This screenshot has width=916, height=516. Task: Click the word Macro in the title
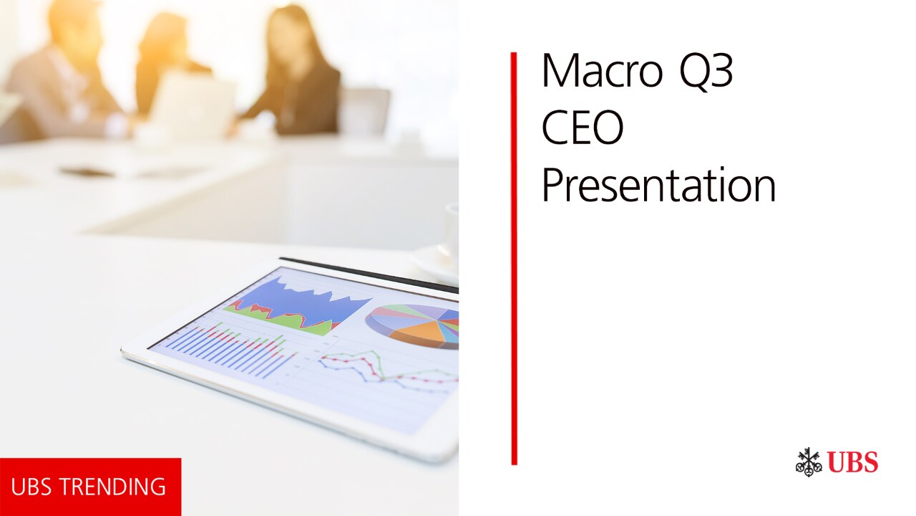(602, 70)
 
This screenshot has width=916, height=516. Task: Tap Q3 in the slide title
(706, 71)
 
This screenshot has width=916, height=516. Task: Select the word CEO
(583, 127)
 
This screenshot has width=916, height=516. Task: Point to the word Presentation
(659, 185)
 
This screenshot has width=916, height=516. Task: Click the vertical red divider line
(514, 259)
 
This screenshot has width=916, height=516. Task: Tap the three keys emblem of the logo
(809, 462)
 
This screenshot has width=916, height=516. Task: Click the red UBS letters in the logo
(852, 462)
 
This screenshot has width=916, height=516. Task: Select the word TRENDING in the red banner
(116, 487)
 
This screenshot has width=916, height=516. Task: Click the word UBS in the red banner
(36, 487)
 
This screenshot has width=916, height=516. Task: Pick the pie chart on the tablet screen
(413, 325)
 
